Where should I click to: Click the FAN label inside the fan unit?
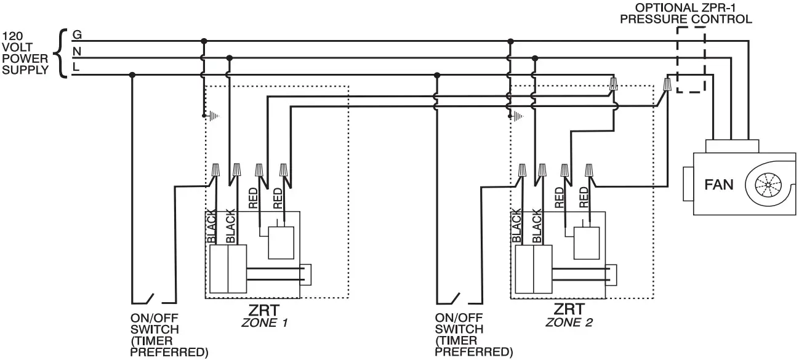tap(718, 184)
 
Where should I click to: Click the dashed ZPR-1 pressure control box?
tap(690, 60)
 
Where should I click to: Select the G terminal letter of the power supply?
tap(77, 34)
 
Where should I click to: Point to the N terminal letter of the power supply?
tap(77, 52)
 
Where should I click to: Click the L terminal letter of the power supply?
tap(76, 68)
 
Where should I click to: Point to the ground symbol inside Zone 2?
tap(518, 115)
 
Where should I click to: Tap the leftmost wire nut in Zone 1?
tap(216, 170)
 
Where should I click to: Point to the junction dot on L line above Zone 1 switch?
tap(132, 75)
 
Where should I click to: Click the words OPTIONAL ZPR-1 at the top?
tap(685, 8)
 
